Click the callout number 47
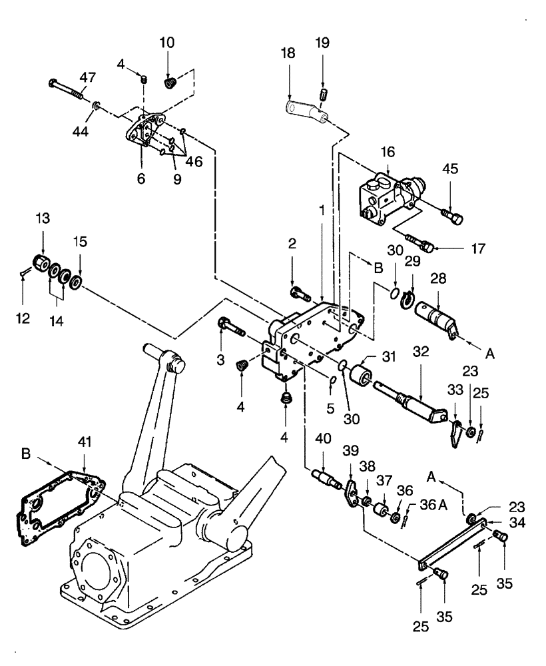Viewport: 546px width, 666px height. [x=87, y=77]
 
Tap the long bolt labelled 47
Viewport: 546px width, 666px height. [x=66, y=89]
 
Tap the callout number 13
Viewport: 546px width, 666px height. [x=42, y=220]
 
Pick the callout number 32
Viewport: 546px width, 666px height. [x=420, y=350]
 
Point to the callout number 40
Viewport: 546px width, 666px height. [x=322, y=439]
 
